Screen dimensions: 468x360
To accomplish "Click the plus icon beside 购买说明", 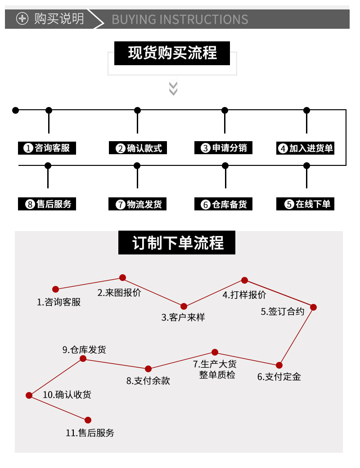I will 22,19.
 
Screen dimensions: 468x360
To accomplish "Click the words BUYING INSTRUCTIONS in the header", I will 180,19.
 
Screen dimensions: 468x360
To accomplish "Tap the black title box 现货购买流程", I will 172,53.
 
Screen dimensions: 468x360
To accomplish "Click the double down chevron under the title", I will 173,88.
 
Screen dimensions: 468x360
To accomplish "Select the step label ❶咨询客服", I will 47,148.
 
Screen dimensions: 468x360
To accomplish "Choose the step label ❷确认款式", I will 138,148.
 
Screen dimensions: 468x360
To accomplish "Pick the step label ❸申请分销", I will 224,148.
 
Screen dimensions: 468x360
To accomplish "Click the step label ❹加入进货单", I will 306,148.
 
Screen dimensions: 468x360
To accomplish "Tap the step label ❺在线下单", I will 306,204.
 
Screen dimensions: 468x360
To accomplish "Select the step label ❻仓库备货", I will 224,205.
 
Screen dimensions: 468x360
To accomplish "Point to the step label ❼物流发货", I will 138,205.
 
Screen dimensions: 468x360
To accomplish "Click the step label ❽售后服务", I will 47,204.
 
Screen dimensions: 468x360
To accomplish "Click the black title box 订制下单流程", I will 177,243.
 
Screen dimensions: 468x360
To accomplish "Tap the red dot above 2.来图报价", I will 122,278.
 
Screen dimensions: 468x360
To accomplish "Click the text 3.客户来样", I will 183,317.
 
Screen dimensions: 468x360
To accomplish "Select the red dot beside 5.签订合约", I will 314,308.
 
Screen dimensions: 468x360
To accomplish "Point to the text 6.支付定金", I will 279,377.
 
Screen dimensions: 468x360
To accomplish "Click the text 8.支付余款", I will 148,380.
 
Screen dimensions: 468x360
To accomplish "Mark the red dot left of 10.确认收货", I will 29,396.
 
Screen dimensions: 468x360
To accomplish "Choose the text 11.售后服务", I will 90,433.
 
